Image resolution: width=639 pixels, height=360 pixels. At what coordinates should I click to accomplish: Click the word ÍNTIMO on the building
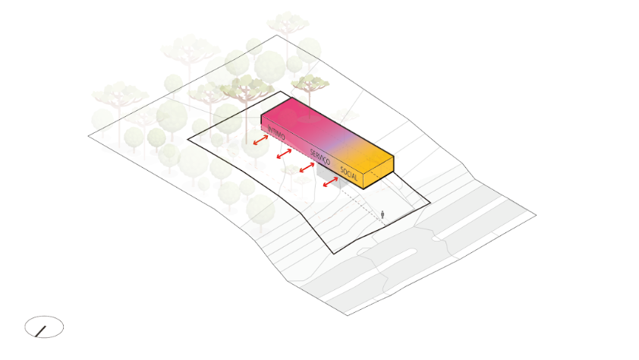276,133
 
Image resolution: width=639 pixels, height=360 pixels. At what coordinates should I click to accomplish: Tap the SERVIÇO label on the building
320,157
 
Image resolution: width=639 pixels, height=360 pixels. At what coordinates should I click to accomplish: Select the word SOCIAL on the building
349,174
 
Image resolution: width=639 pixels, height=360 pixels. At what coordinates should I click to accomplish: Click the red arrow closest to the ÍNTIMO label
261,140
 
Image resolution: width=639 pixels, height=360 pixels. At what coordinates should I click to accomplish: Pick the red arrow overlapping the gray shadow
330,182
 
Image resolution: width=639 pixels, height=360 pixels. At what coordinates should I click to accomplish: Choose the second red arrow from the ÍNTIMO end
284,154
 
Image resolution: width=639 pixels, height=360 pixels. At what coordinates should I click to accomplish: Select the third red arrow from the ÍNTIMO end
307,168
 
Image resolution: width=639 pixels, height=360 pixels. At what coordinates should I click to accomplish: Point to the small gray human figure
382,214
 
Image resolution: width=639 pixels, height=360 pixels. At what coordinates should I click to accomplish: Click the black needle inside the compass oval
41,331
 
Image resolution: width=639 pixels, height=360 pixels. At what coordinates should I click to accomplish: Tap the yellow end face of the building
379,176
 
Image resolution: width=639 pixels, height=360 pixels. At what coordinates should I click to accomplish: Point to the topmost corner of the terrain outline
277,36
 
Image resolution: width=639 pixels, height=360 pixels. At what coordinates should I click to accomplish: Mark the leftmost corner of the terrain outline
89,136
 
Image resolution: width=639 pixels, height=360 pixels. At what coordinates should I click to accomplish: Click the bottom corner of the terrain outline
348,315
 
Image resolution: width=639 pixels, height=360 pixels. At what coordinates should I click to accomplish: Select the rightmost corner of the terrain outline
536,215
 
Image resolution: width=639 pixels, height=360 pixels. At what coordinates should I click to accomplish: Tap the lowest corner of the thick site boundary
334,254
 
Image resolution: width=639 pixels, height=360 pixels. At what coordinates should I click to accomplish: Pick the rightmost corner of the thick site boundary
430,203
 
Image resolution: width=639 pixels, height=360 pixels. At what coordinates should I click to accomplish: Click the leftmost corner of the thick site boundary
188,140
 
